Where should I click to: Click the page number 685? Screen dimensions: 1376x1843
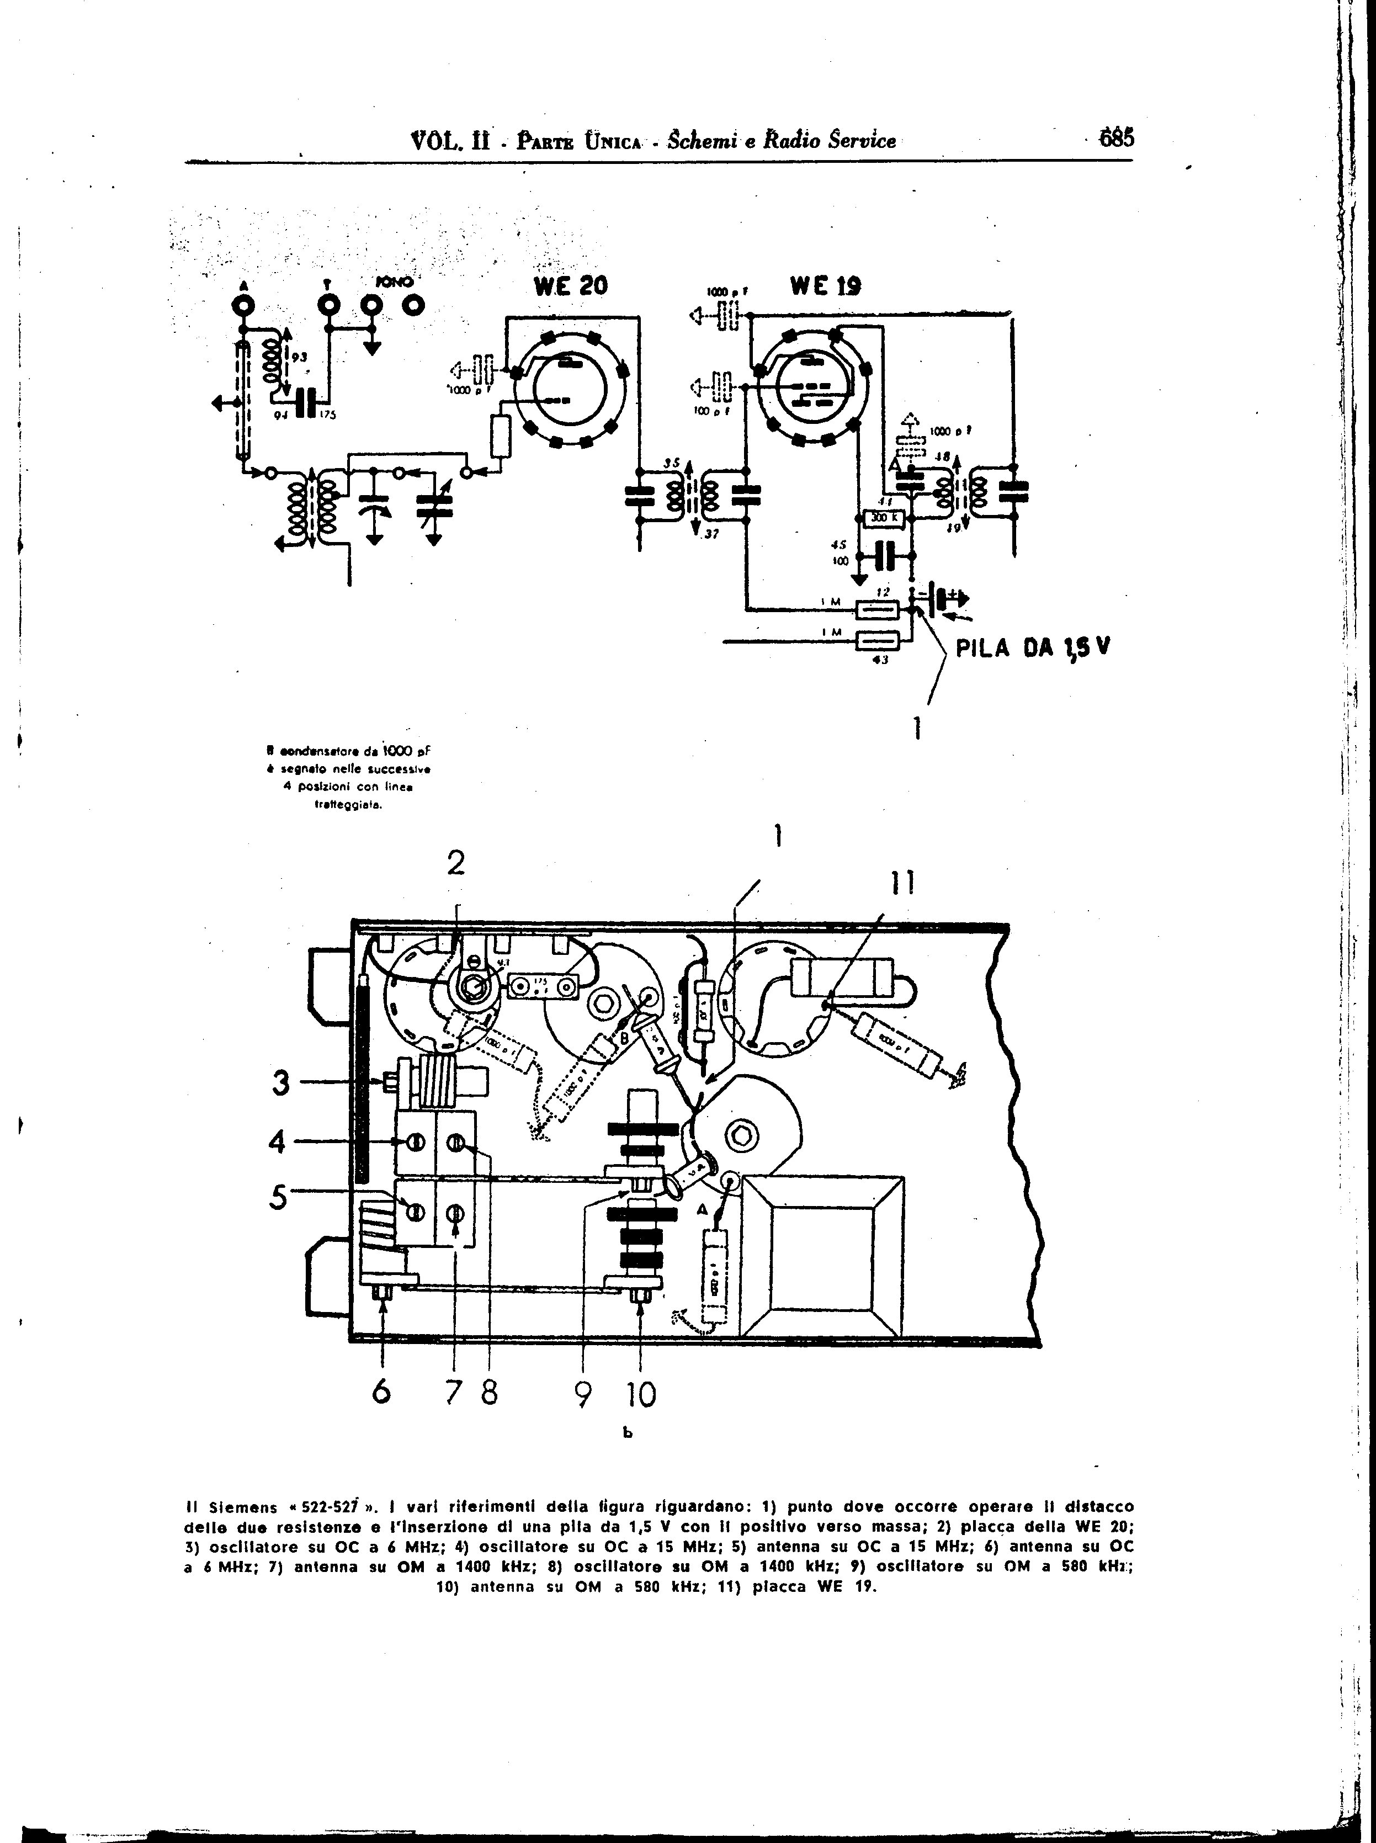[x=1116, y=138]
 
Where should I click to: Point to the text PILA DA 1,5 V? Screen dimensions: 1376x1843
[x=1033, y=648]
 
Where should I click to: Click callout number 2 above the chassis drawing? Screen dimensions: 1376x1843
[x=455, y=864]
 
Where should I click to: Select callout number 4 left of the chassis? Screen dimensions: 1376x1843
[x=278, y=1143]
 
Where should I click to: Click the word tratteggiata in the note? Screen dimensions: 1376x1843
[x=348, y=805]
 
